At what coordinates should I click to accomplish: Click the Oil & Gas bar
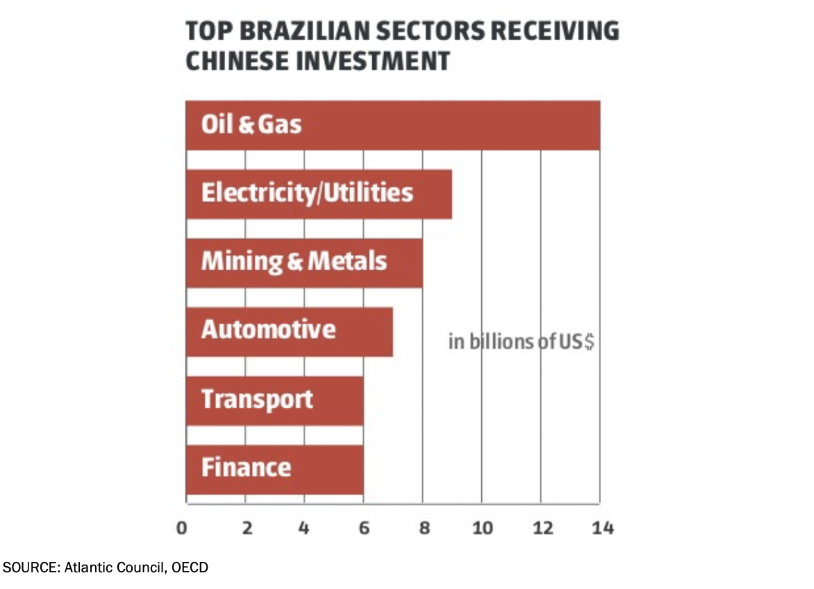(392, 125)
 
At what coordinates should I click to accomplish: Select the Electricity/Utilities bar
(319, 194)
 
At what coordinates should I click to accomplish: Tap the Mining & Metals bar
(304, 263)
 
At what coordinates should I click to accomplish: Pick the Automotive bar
(289, 331)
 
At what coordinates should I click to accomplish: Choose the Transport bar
(274, 400)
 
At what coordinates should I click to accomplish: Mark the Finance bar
(274, 469)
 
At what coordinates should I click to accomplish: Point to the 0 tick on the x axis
(182, 528)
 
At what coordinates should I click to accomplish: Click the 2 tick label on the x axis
(246, 528)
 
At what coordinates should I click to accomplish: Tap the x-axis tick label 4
(304, 528)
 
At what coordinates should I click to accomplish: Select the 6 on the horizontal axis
(364, 528)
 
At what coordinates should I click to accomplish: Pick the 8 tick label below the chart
(424, 528)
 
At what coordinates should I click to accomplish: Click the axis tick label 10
(482, 528)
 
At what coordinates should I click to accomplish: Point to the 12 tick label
(542, 528)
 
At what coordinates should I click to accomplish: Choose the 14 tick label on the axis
(603, 528)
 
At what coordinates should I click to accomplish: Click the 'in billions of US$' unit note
(521, 342)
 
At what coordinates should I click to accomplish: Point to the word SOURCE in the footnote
(30, 567)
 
